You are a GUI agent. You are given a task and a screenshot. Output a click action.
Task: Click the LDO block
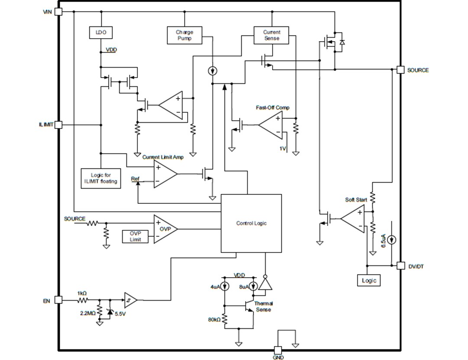101,32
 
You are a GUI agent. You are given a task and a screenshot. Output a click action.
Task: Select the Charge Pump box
184,35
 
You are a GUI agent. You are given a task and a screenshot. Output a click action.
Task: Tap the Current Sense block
271,35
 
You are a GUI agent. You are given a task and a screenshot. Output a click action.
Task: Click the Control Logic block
251,223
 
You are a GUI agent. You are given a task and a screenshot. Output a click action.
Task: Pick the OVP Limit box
135,236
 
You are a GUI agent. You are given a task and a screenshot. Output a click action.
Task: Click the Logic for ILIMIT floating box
101,178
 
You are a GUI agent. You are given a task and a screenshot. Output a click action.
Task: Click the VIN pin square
58,12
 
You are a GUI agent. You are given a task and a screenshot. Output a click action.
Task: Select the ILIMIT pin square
58,125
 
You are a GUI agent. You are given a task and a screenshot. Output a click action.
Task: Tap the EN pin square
58,300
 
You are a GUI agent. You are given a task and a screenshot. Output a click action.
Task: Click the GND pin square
278,350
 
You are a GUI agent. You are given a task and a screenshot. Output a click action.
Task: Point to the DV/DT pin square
400,265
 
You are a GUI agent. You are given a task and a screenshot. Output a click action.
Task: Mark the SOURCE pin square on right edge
400,70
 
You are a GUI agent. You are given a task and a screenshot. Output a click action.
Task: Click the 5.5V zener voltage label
120,314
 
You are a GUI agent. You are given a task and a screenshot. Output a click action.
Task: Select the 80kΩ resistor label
214,320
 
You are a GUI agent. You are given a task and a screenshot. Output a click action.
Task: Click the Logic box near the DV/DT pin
369,280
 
